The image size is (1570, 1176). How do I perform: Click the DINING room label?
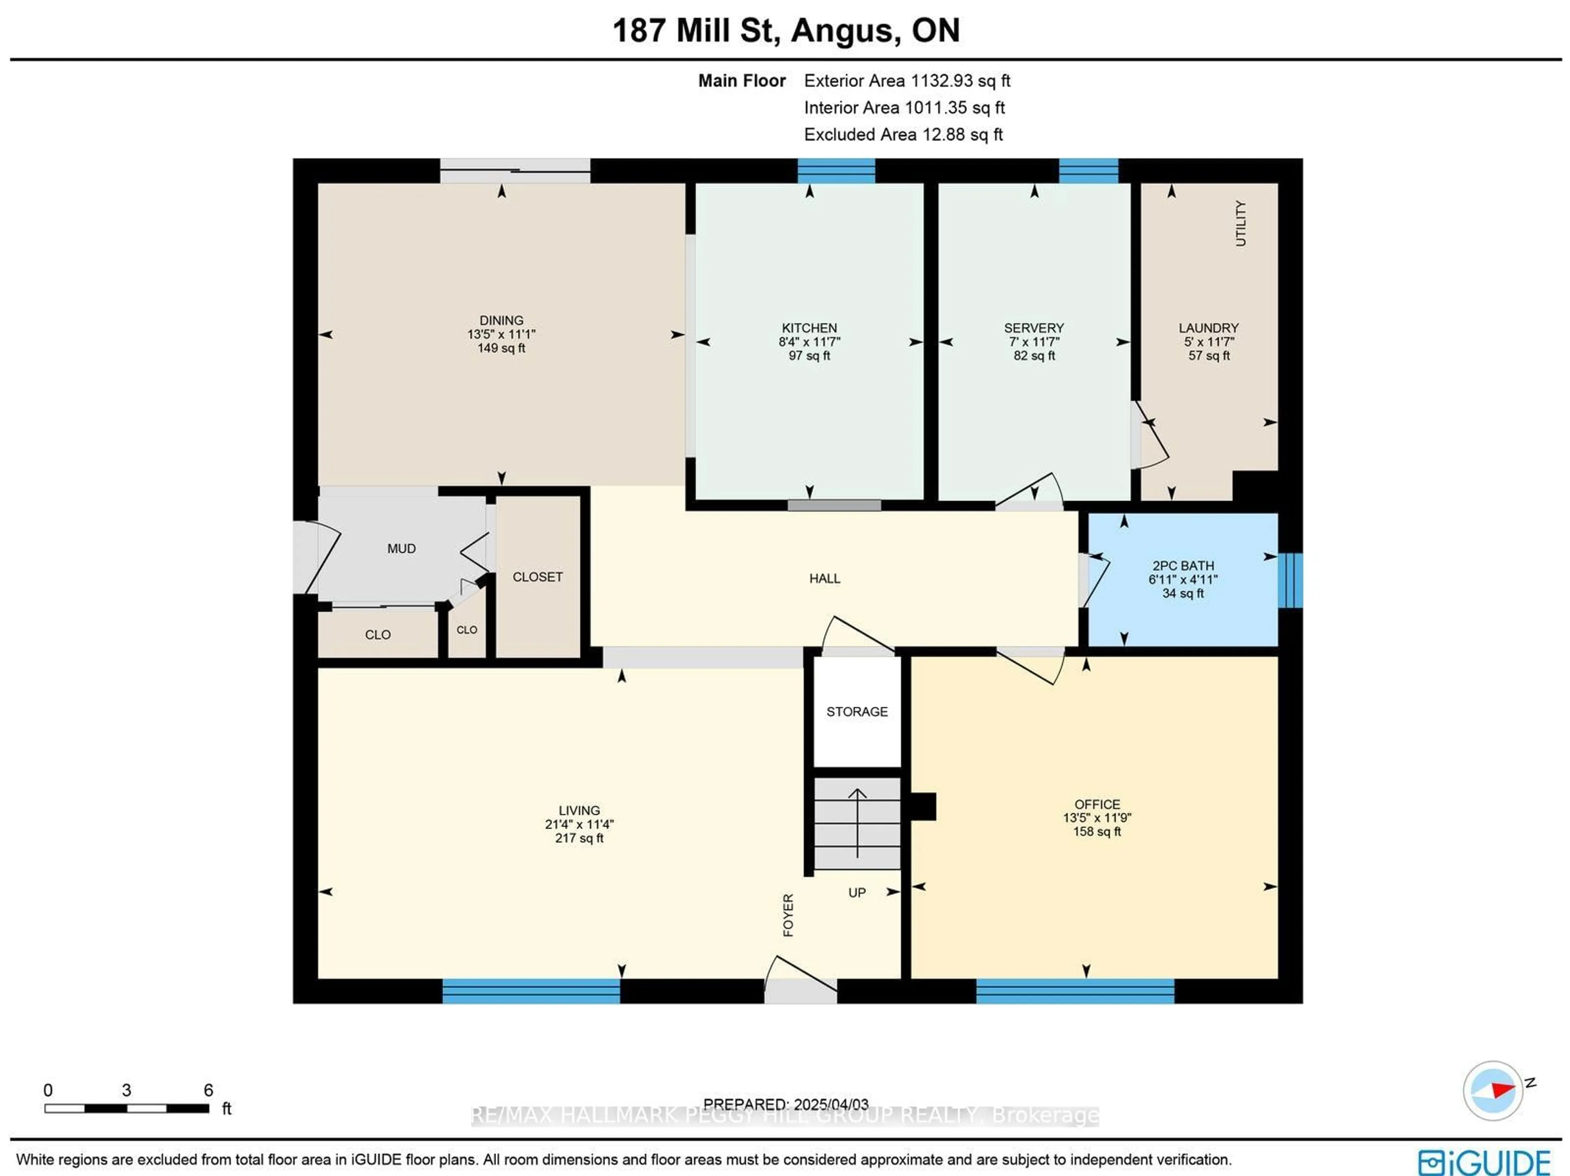coord(501,320)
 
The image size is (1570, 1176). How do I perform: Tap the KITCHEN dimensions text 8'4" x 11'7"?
coord(809,342)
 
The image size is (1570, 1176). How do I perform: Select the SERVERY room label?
coord(1034,328)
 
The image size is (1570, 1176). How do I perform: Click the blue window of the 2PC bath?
coord(1290,580)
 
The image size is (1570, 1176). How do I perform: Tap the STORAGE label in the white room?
coord(857,712)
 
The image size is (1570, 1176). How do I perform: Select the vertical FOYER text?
coord(788,915)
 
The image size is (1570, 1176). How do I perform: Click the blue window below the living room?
coord(531,991)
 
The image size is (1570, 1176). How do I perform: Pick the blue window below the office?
coord(1074,991)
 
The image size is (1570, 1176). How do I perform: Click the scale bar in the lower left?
coord(126,1108)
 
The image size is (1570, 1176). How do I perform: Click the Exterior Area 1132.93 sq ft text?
coord(906,81)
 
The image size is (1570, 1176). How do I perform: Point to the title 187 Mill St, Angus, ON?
coord(786,31)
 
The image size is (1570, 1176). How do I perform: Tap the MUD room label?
coord(401,548)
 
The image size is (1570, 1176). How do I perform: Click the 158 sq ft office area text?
coord(1097,832)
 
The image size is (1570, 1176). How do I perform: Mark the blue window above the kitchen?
coord(836,171)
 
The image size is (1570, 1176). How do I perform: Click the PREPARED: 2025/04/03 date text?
coord(786,1104)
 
